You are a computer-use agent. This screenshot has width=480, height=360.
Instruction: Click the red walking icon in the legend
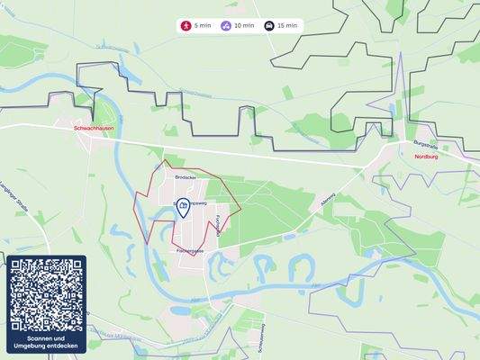pyautogui.click(x=186, y=26)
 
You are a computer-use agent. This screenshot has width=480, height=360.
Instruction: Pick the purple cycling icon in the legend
pyautogui.click(x=226, y=26)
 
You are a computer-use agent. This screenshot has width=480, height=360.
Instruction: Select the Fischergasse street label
pyautogui.click(x=187, y=251)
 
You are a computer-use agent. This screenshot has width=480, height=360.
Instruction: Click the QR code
pyautogui.click(x=47, y=295)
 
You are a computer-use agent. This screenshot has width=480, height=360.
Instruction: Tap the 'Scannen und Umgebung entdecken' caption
pyautogui.click(x=47, y=344)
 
